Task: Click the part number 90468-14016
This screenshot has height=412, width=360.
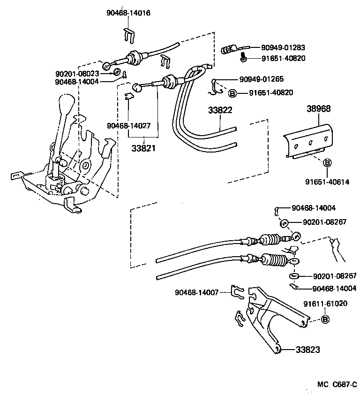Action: (x=128, y=13)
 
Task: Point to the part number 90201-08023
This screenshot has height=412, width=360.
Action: (x=77, y=74)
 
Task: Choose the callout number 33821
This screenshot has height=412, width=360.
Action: (x=143, y=147)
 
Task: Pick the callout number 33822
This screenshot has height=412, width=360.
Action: (x=220, y=110)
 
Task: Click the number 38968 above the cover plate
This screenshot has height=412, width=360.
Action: (x=319, y=108)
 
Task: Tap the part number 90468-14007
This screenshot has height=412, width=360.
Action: (x=197, y=292)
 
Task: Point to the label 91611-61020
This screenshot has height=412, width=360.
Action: (x=325, y=304)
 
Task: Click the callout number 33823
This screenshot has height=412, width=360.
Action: (x=308, y=350)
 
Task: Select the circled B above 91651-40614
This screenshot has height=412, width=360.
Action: (x=328, y=163)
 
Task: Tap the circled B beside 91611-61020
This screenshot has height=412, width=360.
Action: (x=325, y=320)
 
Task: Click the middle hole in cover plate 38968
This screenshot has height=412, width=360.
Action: (x=310, y=143)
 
